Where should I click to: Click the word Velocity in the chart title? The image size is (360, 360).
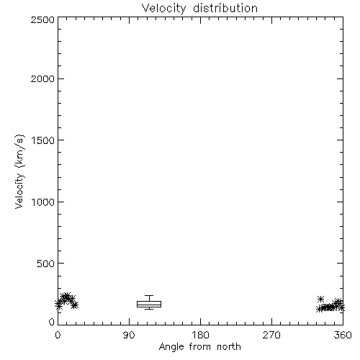[163, 9]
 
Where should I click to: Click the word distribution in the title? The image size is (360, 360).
[225, 8]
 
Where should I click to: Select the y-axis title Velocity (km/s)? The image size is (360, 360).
[19, 171]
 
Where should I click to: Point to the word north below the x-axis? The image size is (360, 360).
[229, 346]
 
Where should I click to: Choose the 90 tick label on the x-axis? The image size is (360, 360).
[129, 335]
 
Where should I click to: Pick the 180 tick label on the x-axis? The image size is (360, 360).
[200, 335]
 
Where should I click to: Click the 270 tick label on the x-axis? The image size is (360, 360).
[271, 335]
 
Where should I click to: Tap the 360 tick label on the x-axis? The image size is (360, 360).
[343, 335]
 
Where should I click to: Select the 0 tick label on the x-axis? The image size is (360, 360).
[58, 335]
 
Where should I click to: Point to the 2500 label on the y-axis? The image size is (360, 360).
[42, 19]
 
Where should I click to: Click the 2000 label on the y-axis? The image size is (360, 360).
[42, 78]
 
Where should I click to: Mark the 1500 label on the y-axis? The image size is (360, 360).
[43, 140]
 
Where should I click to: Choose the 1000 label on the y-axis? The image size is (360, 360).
[43, 202]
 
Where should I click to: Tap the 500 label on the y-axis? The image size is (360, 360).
[46, 264]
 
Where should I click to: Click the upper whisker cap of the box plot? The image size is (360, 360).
[149, 296]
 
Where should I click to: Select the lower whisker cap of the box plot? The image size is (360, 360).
[149, 309]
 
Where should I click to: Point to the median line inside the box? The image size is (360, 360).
[149, 305]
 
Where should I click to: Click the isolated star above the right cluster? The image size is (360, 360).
[320, 300]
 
